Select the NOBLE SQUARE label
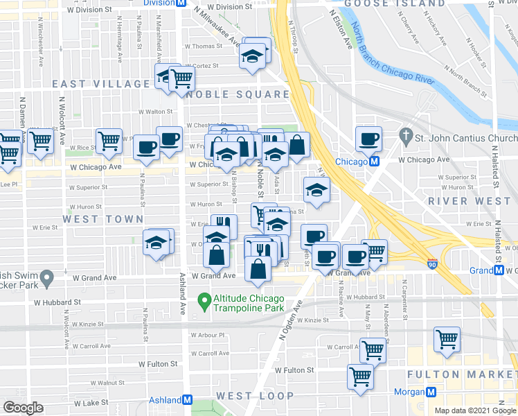pyautogui.click(x=238, y=94)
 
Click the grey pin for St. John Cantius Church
pyautogui.click(x=406, y=137)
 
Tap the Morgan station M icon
pyautogui.click(x=431, y=392)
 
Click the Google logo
pyautogui.click(x=24, y=408)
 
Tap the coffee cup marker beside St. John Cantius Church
pyautogui.click(x=369, y=139)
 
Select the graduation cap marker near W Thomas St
pyautogui.click(x=253, y=55)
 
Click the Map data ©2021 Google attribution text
pyautogui.click(x=474, y=410)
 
